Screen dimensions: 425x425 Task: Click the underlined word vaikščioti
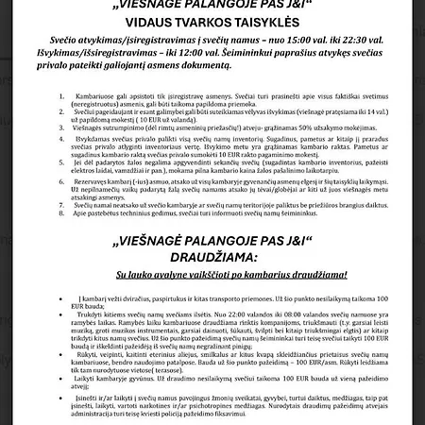(x=227, y=276)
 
